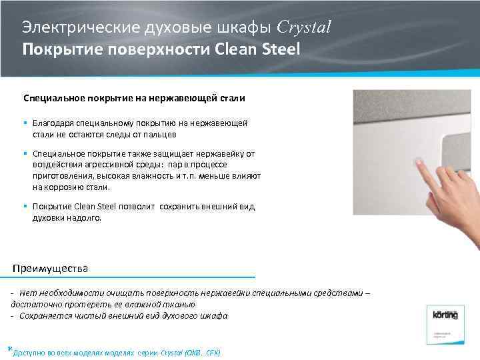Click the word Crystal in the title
coord(303,27)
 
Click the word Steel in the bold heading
coord(279,49)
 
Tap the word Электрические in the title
coord(73,28)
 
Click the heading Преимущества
coord(51,268)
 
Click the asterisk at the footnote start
coord(9,349)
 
